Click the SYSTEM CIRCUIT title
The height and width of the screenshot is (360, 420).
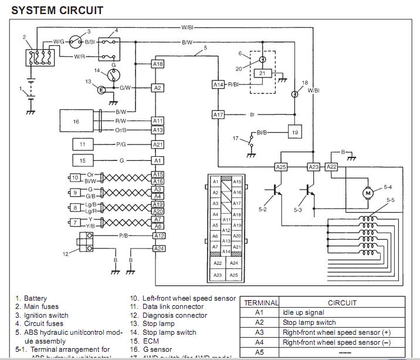click(x=57, y=10)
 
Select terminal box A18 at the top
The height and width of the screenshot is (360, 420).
click(x=158, y=63)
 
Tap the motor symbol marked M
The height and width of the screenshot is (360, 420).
click(x=368, y=192)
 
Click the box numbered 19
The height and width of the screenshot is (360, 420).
click(x=294, y=133)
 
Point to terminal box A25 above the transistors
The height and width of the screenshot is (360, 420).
click(x=281, y=167)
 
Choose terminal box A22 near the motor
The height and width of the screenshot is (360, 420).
click(x=332, y=167)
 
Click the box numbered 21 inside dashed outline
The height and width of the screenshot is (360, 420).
click(x=263, y=73)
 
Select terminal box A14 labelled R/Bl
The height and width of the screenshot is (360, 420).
click(x=218, y=85)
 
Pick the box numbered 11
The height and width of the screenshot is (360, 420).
click(x=83, y=144)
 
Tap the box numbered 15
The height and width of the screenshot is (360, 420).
click(x=83, y=160)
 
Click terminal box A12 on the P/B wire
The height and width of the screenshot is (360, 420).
click(x=158, y=235)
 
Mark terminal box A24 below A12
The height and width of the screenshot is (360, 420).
click(x=158, y=248)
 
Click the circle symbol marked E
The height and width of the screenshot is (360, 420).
click(x=101, y=89)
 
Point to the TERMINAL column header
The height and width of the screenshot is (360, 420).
click(x=260, y=303)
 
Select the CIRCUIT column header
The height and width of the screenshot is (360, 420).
click(x=342, y=303)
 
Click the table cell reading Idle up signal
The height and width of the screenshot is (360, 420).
click(x=303, y=312)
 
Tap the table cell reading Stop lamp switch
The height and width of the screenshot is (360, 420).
click(x=309, y=322)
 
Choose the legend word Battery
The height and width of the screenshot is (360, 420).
click(x=35, y=298)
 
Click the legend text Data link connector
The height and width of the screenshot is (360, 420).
click(x=173, y=307)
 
